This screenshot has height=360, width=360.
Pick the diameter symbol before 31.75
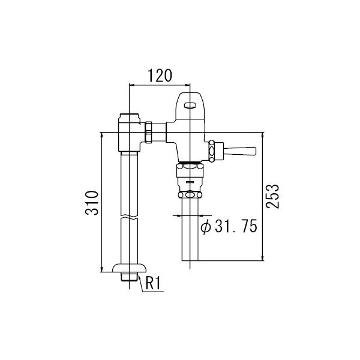(x=204, y=227)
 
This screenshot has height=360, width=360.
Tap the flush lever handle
(x=241, y=150)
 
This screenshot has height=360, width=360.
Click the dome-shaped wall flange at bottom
(x=129, y=268)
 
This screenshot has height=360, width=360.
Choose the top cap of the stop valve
(x=129, y=116)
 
